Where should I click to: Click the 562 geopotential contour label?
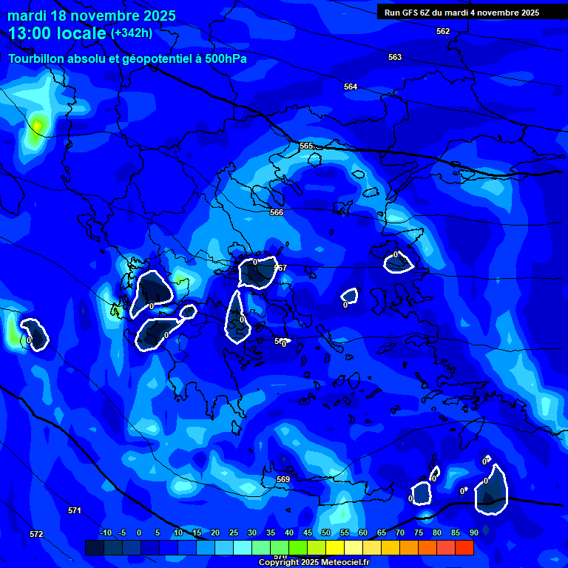(442, 31)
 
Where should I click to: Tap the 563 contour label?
(395, 57)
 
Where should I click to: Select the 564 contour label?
(351, 87)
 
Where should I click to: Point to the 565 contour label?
(306, 146)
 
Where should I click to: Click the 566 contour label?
(277, 212)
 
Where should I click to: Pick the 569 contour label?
(283, 480)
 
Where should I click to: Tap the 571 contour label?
(74, 510)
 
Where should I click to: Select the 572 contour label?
(36, 534)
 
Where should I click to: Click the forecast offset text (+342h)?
(132, 33)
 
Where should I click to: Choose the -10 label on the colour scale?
(106, 532)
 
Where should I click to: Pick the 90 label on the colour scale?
(473, 532)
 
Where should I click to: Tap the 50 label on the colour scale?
(326, 532)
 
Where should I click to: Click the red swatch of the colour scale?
(464, 547)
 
